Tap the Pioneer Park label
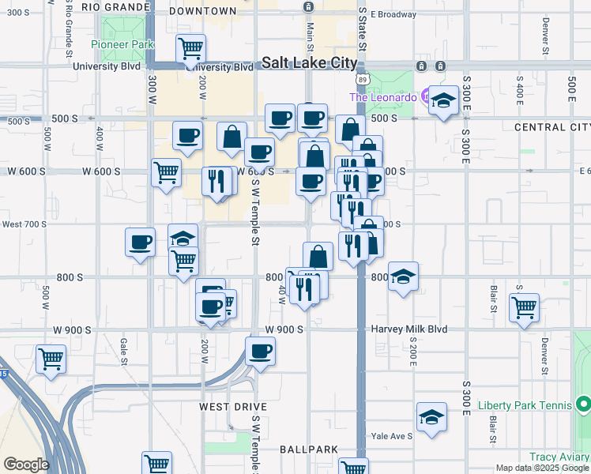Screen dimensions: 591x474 coord(122,45)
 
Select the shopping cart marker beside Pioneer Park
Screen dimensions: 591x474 coord(190,50)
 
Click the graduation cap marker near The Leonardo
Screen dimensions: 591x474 coord(444,101)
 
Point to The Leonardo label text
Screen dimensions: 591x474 coord(382,97)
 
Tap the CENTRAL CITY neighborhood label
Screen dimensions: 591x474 coord(551,127)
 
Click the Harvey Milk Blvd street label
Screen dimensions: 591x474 coord(409,329)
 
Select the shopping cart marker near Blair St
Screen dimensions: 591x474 coord(524,307)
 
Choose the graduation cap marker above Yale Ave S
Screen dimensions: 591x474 coord(431,418)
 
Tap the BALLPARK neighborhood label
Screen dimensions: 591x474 coord(309,449)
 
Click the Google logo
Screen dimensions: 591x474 coord(25,465)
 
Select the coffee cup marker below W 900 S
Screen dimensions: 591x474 coord(259,352)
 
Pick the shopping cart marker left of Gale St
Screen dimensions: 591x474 coord(51,359)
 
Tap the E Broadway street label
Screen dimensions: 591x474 coord(393,14)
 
